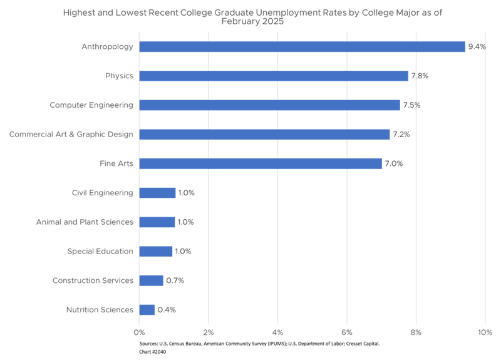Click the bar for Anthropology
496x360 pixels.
pos(302,47)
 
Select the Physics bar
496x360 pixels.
pos(274,76)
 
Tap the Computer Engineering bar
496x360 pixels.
pos(269,105)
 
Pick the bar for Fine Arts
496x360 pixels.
pos(261,163)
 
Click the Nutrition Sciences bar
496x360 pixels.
pos(147,310)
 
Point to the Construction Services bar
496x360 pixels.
pos(152,280)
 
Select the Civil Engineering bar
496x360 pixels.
pos(157,193)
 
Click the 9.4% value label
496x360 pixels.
pos(477,47)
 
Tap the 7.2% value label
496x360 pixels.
pos(401,135)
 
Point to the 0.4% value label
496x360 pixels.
pos(166,310)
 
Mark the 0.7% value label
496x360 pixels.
pos(175,280)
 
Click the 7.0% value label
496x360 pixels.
pos(393,163)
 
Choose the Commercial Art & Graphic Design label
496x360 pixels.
pos(71,134)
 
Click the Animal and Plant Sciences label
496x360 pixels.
pos(84,222)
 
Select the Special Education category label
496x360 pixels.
pos(100,251)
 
